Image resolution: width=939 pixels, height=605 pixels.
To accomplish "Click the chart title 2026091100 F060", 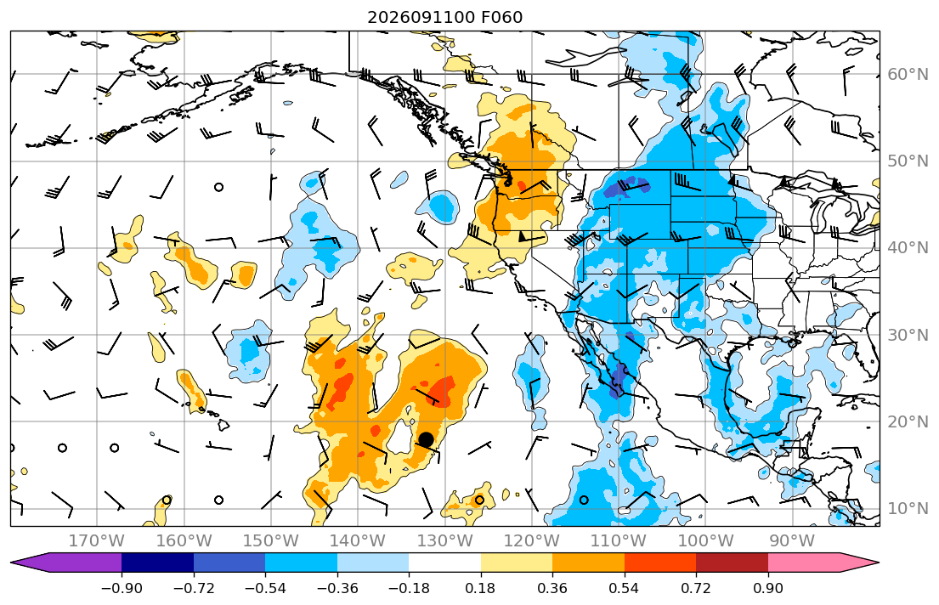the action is pyautogui.click(x=444, y=17).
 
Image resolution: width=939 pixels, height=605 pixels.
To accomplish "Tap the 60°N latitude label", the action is pyautogui.click(x=908, y=74).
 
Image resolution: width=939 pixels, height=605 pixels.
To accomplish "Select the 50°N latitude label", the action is pyautogui.click(x=908, y=161).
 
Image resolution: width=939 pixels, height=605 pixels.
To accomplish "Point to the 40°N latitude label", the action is pyautogui.click(x=908, y=248).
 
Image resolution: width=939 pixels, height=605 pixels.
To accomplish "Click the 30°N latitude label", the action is pyautogui.click(x=908, y=335).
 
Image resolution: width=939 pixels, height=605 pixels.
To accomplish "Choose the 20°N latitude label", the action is pyautogui.click(x=908, y=421).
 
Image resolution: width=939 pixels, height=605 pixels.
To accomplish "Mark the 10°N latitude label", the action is pyautogui.click(x=908, y=509).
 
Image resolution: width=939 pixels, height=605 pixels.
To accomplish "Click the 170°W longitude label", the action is pyautogui.click(x=97, y=541).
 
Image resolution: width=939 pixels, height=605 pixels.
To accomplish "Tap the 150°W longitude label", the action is pyautogui.click(x=271, y=541).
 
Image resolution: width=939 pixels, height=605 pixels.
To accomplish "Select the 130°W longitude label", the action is pyautogui.click(x=444, y=541).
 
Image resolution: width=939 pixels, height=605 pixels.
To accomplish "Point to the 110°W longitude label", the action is pyautogui.click(x=619, y=541).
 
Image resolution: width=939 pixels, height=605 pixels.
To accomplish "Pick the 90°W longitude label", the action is pyautogui.click(x=792, y=541).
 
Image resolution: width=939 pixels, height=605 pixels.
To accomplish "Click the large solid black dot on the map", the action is pyautogui.click(x=426, y=439).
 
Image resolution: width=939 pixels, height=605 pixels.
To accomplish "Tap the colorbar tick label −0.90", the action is pyautogui.click(x=122, y=588).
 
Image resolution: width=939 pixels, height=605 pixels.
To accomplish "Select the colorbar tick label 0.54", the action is pyautogui.click(x=624, y=588).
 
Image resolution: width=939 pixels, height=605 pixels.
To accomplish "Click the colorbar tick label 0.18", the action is pyautogui.click(x=480, y=588).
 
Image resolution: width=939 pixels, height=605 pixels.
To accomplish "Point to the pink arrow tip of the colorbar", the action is pyautogui.click(x=879, y=563).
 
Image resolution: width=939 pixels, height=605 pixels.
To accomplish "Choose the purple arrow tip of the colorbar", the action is pyautogui.click(x=12, y=563).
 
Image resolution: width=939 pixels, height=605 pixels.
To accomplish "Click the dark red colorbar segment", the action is pyautogui.click(x=732, y=563).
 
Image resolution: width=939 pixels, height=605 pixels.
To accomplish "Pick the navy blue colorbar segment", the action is pyautogui.click(x=157, y=563).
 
